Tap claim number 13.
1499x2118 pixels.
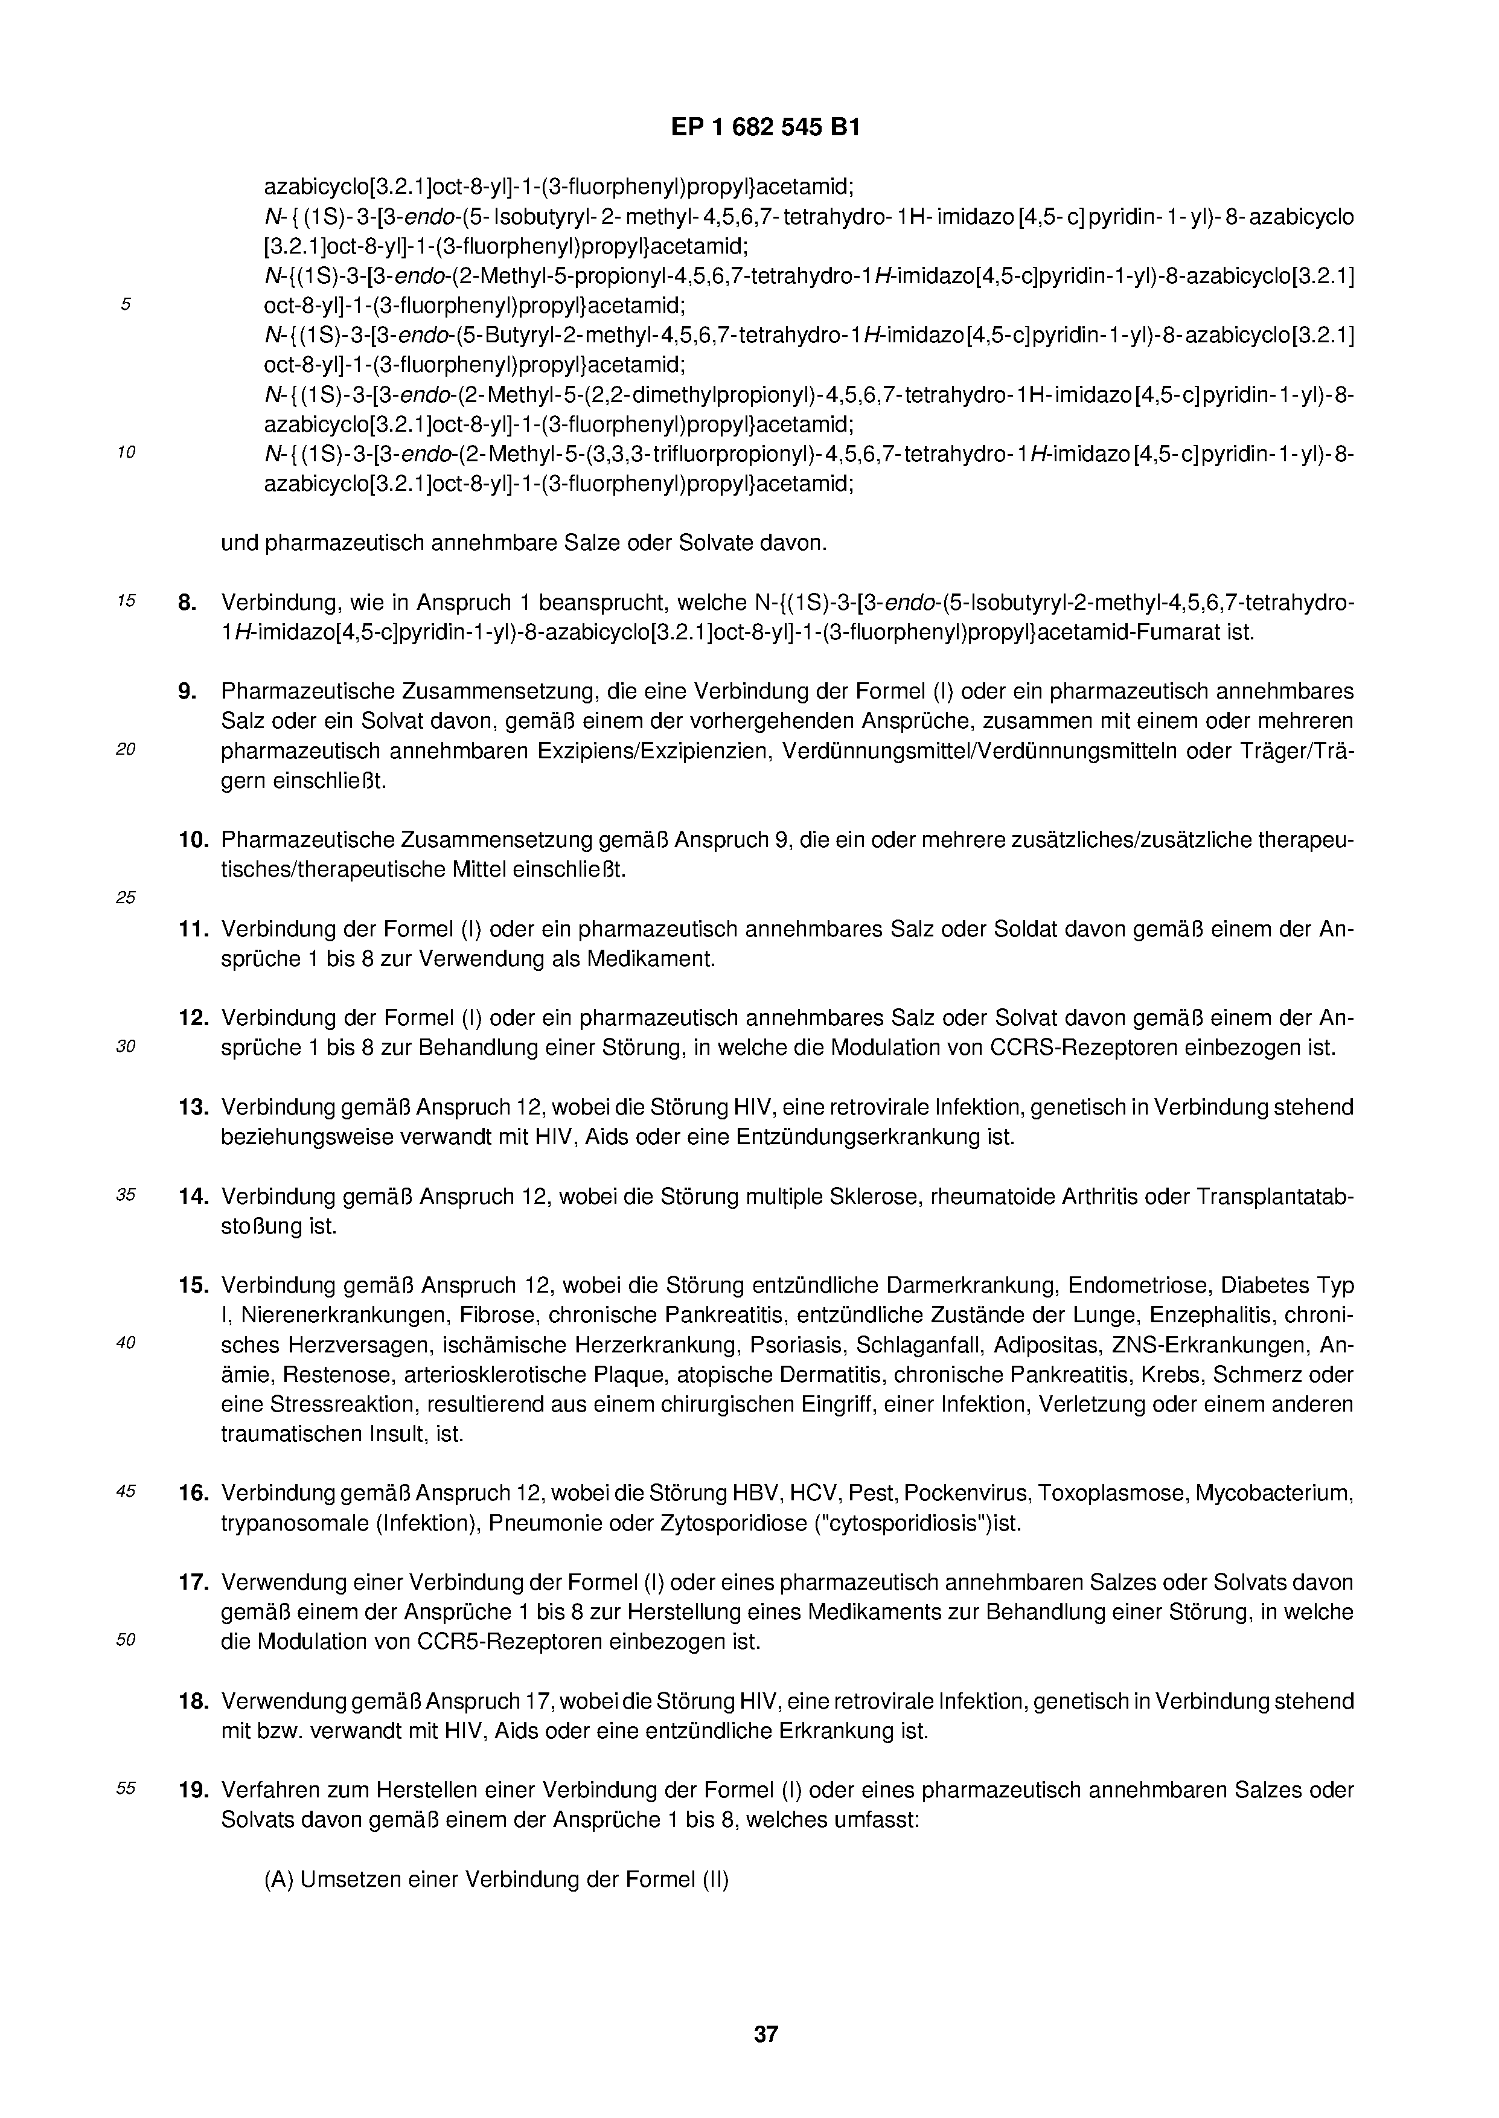(x=193, y=1107)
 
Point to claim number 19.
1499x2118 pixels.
(x=193, y=1790)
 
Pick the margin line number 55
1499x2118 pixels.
(x=126, y=1788)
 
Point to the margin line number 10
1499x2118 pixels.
(x=126, y=452)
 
